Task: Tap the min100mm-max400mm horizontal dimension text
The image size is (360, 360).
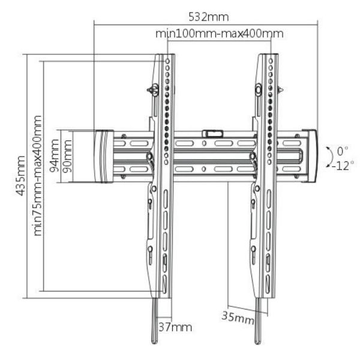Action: [219, 34]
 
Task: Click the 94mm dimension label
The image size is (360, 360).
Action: [55, 155]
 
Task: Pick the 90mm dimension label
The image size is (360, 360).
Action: [67, 155]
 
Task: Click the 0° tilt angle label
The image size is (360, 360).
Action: [342, 150]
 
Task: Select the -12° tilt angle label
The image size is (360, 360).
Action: [340, 165]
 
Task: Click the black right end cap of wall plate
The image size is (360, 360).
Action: [310, 155]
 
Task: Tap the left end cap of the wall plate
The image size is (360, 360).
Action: [103, 156]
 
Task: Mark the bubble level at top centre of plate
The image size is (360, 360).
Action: [212, 133]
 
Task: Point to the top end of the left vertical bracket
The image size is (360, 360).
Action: [166, 57]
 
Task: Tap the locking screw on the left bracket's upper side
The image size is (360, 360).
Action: [154, 90]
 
